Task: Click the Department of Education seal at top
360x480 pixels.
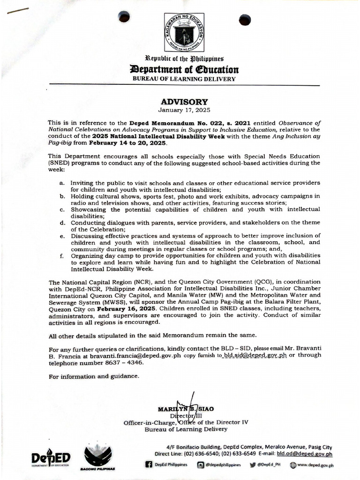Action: pyautogui.click(x=184, y=32)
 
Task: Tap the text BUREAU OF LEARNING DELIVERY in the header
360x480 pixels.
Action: pyautogui.click(x=184, y=79)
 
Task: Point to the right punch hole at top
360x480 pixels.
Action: pyautogui.click(x=245, y=20)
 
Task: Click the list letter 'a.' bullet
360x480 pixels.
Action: pyautogui.click(x=62, y=183)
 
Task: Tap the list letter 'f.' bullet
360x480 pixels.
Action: pyautogui.click(x=62, y=256)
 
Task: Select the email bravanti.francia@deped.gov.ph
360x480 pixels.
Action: pyautogui.click(x=135, y=355)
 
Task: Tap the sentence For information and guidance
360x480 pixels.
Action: pyautogui.click(x=94, y=376)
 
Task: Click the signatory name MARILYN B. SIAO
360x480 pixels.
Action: pyautogui.click(x=186, y=409)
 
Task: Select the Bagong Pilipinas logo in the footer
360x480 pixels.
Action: pyautogui.click(x=98, y=457)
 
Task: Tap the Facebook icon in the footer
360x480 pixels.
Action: pyautogui.click(x=149, y=465)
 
